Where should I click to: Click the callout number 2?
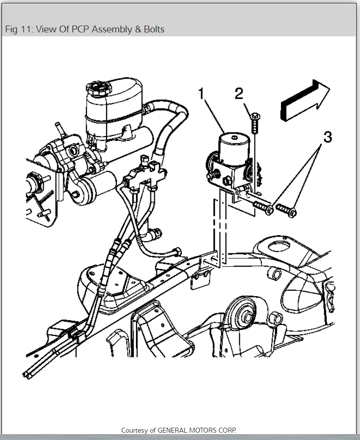[x=239, y=93]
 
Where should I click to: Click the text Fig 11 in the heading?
[x=17, y=29]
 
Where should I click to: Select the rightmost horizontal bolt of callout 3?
[x=286, y=210]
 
